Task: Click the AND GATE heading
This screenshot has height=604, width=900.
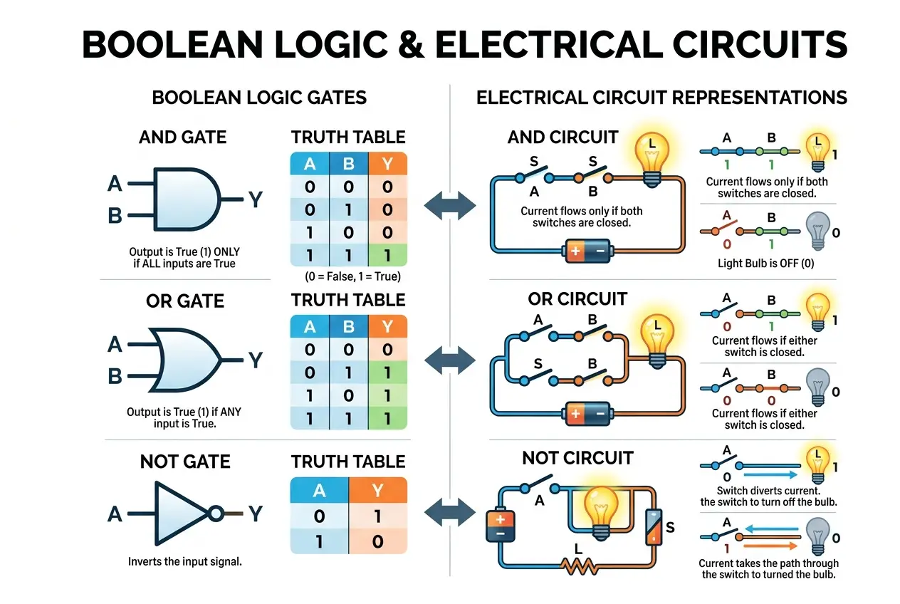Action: (182, 137)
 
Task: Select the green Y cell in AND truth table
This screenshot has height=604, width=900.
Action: (387, 254)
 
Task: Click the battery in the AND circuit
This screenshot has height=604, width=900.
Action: (588, 251)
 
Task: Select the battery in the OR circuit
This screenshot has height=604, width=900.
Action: (588, 412)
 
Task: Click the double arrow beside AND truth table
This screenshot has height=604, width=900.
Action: (449, 205)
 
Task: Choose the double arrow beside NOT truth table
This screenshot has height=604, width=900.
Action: (449, 511)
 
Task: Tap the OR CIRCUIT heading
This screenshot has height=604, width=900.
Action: (577, 298)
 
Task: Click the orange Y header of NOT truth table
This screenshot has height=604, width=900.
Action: (378, 489)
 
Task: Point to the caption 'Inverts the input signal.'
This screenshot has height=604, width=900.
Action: (185, 561)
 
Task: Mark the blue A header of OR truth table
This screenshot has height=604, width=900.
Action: (310, 326)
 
